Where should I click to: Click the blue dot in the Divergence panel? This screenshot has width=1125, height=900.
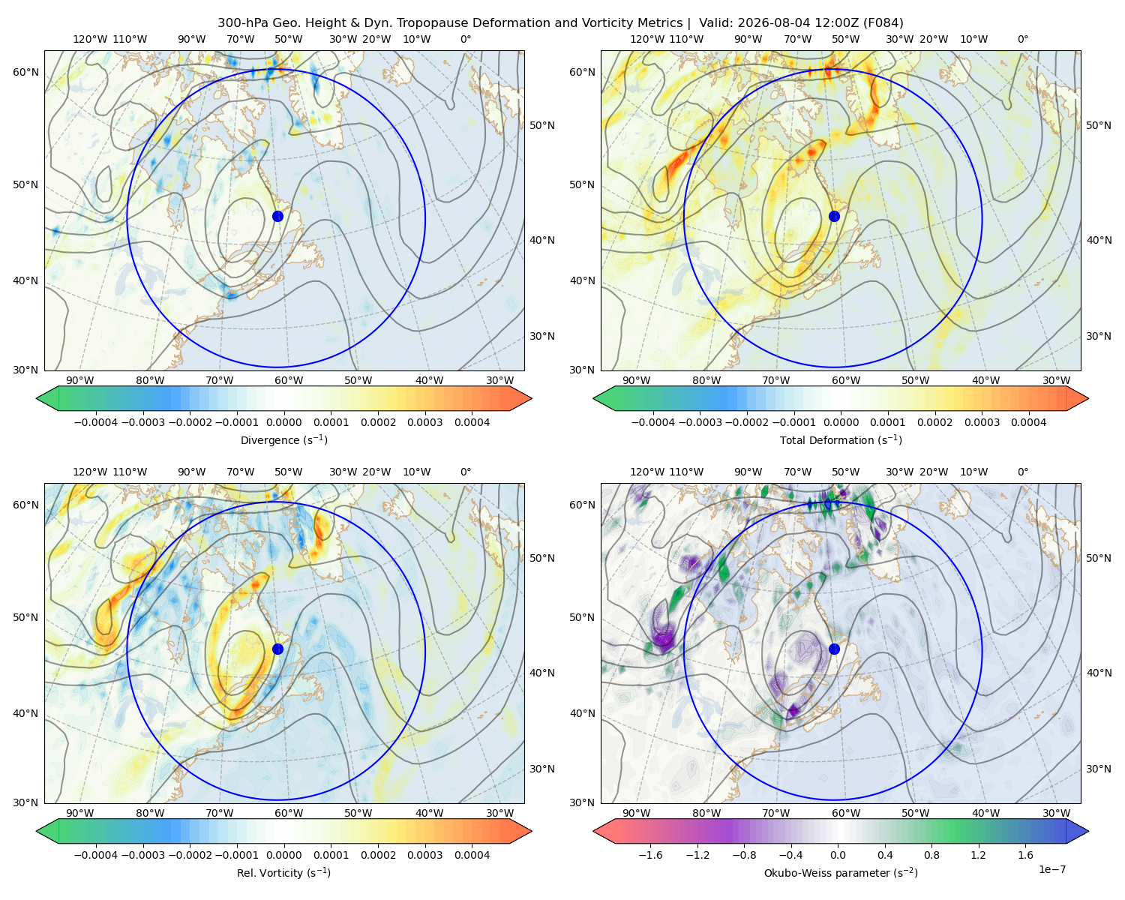tap(277, 216)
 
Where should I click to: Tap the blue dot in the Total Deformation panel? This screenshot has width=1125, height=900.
tap(834, 216)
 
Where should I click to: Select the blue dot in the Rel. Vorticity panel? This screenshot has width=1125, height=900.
tap(277, 649)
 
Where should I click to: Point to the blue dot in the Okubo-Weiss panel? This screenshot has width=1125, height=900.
tap(834, 649)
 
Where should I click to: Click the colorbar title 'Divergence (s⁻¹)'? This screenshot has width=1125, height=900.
tap(283, 439)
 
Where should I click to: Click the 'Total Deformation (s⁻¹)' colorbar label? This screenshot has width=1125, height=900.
tap(841, 439)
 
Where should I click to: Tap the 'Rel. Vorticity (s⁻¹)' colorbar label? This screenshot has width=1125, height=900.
tap(283, 872)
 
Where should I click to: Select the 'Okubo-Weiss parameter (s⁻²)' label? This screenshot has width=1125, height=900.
tap(841, 872)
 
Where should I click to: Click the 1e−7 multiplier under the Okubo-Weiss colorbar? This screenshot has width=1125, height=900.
tap(1051, 869)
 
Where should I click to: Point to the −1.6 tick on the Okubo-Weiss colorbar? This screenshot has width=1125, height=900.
tap(650, 855)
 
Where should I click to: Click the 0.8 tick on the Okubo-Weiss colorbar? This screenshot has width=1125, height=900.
tap(931, 855)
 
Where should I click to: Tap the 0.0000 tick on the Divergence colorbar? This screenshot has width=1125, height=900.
tap(283, 422)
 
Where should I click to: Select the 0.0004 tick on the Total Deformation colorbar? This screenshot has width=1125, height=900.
tap(1028, 422)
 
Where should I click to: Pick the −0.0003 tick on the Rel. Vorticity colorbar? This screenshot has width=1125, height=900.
tap(142, 855)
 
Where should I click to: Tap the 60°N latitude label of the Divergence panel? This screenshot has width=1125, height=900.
tap(25, 72)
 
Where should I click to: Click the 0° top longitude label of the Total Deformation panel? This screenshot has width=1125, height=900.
tap(1022, 39)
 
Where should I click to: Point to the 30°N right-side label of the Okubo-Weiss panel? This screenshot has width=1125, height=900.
tap(1099, 769)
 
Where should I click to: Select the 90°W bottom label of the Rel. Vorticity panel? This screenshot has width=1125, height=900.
tap(80, 813)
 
